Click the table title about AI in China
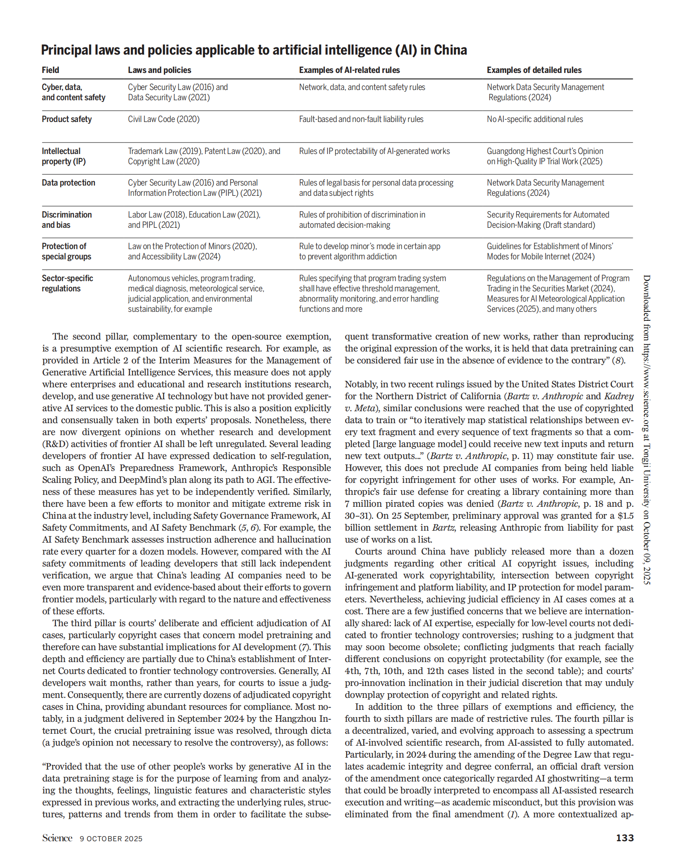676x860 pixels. (254, 50)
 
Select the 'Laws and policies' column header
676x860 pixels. (160, 70)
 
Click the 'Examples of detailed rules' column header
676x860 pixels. (534, 70)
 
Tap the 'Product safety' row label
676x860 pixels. (67, 119)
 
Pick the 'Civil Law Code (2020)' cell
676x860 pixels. (163, 119)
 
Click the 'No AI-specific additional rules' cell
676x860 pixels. (535, 119)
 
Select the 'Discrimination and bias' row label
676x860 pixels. (67, 220)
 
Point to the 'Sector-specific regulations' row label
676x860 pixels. (67, 283)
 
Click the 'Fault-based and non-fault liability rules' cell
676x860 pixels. (361, 119)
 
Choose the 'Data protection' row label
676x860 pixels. (68, 183)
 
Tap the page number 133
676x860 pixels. (624, 838)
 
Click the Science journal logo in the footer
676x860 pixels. (57, 838)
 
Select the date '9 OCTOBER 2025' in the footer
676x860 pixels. (111, 839)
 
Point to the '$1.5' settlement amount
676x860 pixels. (625, 516)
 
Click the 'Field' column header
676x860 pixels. (50, 70)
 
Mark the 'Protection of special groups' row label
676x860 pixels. (66, 251)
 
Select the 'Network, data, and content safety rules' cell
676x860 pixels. (362, 87)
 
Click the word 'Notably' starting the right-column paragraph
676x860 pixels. (359, 384)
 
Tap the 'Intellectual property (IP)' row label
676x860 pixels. (64, 156)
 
